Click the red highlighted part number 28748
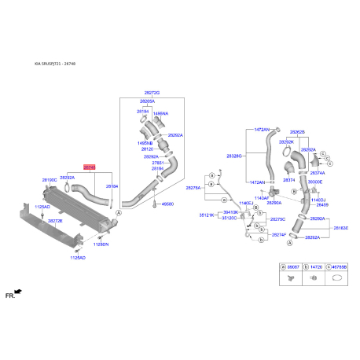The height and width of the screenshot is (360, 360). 90,168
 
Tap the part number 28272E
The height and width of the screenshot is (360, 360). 56,221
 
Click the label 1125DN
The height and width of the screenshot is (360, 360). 101,244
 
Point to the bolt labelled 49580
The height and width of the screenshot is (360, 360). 167,204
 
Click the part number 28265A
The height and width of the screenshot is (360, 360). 148,102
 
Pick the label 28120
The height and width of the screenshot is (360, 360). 147,148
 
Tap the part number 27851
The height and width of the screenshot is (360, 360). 157,163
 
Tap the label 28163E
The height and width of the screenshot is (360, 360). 342,228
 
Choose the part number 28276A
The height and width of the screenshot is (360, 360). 193,188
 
